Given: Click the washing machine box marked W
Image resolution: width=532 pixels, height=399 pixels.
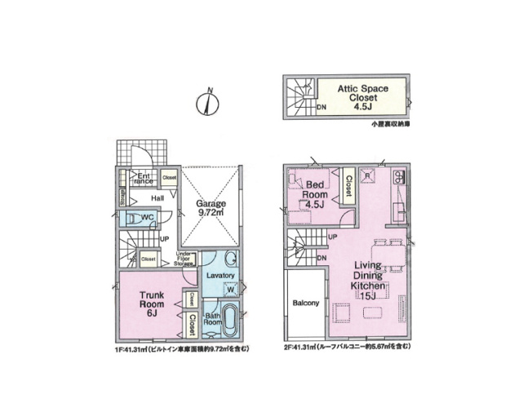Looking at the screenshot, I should coord(231,288).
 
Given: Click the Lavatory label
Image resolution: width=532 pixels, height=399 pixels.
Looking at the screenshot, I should coord(221,276).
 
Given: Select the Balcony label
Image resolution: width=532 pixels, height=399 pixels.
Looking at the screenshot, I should coord(305,304).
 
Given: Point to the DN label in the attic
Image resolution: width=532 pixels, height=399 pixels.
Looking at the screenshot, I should coord(321,106).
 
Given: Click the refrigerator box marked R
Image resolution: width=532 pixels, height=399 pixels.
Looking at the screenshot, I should coord(368,176).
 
